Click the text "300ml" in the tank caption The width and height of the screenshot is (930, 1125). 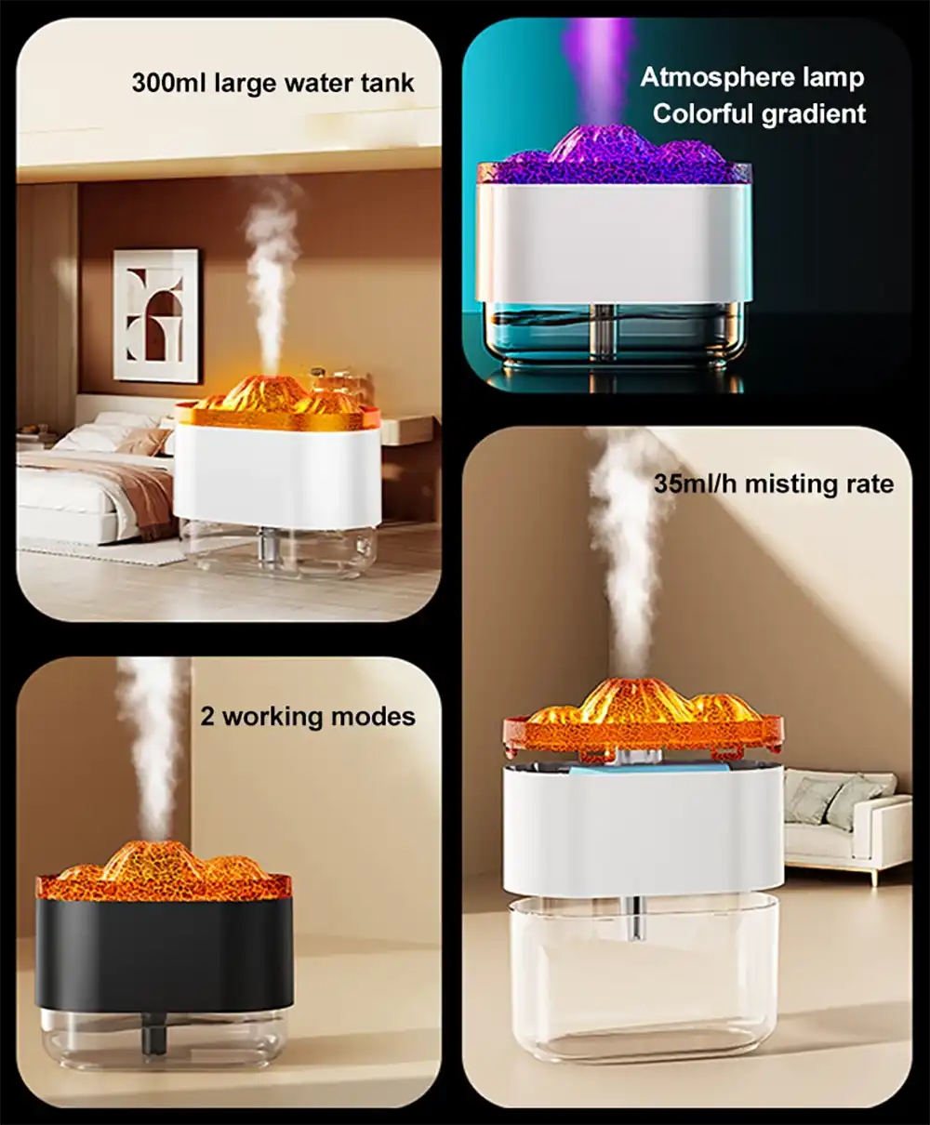[169, 84]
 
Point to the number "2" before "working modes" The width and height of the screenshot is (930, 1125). [207, 717]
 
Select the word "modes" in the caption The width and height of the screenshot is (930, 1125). [374, 717]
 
